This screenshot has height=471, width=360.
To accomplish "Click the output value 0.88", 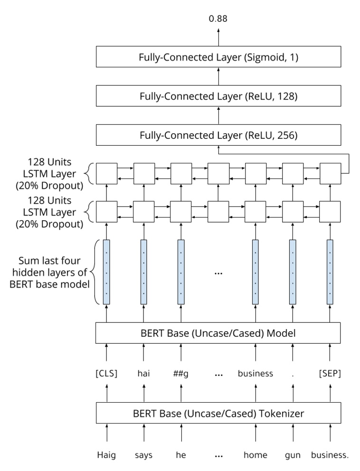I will click(x=218, y=19).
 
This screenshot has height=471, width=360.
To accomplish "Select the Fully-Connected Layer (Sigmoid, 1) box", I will click(x=218, y=57).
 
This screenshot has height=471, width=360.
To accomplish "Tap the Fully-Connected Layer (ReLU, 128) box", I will click(x=218, y=96).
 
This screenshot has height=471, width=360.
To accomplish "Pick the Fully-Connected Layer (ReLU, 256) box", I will click(x=218, y=135).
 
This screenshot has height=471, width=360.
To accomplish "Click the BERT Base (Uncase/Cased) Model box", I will click(x=218, y=333).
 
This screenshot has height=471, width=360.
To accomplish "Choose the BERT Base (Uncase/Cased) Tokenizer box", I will click(x=218, y=413).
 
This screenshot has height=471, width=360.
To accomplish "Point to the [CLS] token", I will click(x=106, y=374).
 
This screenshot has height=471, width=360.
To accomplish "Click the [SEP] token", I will click(x=330, y=374).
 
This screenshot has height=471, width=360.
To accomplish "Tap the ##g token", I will click(x=181, y=374).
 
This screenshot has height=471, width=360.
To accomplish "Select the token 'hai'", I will click(x=143, y=374).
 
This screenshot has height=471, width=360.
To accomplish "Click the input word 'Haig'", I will click(x=106, y=455).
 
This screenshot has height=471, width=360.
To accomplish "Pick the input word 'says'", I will click(x=143, y=455).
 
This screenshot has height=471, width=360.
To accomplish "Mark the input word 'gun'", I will click(x=293, y=455).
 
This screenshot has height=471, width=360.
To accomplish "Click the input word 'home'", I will click(x=256, y=455).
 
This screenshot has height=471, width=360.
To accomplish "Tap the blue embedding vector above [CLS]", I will click(x=106, y=272).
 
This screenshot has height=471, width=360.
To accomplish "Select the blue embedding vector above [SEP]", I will click(x=330, y=272).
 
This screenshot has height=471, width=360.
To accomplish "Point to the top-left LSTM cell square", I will click(x=106, y=173).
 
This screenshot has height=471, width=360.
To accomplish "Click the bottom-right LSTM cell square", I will click(x=330, y=212).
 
